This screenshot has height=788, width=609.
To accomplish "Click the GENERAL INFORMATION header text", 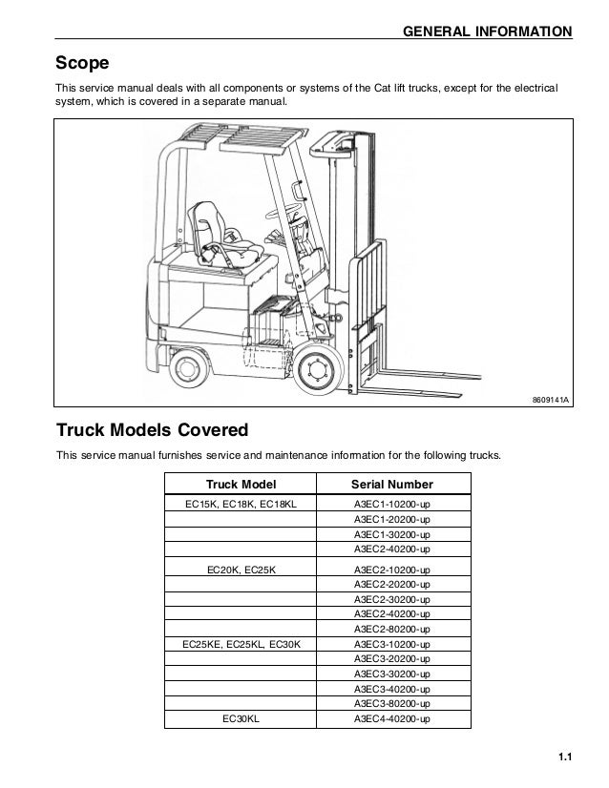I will [x=489, y=33].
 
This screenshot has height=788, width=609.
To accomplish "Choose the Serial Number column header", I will [x=391, y=484].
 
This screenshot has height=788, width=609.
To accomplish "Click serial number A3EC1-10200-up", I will [x=391, y=503].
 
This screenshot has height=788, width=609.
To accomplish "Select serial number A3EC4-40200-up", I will [x=391, y=718].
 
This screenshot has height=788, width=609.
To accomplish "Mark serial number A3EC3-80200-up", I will [x=391, y=704].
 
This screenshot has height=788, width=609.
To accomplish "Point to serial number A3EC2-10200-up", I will [x=391, y=569].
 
